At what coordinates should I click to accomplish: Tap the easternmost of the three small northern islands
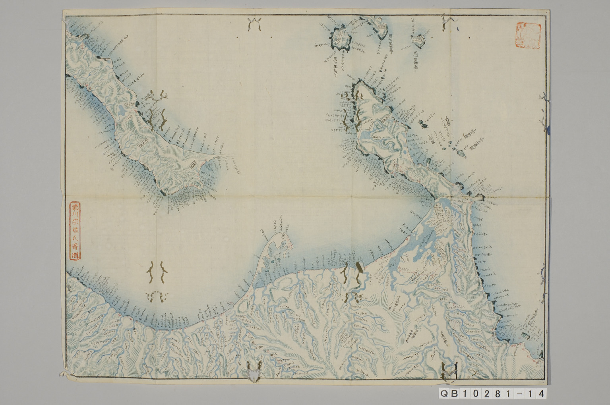point(417,39)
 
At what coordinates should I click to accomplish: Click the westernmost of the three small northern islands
point(340,38)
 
